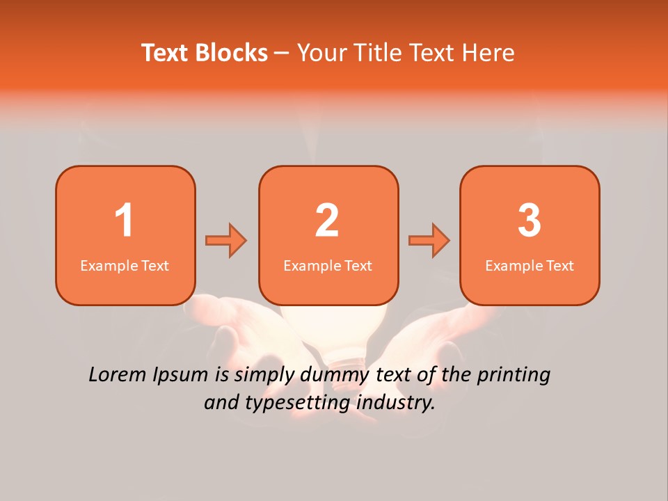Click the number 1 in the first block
coord(124,221)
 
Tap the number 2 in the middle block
coord(327,221)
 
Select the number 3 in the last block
coord(530,221)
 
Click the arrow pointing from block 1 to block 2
coord(226,241)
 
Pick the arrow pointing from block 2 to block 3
coord(429,241)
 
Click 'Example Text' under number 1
coord(125,266)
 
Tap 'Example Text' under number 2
coord(328,266)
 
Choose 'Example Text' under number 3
coord(530,266)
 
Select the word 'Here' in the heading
coord(489,53)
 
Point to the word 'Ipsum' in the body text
coord(181,376)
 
